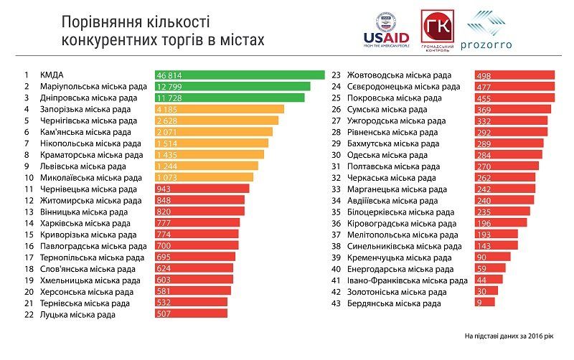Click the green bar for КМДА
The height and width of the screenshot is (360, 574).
point(240,75)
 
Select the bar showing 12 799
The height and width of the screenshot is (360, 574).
point(232,86)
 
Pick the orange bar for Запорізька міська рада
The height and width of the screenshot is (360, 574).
point(219,109)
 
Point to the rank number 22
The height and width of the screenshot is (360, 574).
point(29,314)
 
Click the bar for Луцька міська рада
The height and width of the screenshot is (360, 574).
point(191,314)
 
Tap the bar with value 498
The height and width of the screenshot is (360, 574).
point(514,75)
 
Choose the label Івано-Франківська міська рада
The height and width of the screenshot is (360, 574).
point(407,280)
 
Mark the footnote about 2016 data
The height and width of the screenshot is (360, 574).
point(514,336)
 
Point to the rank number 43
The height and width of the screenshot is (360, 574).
point(336,303)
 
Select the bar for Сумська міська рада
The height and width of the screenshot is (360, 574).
point(513,109)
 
